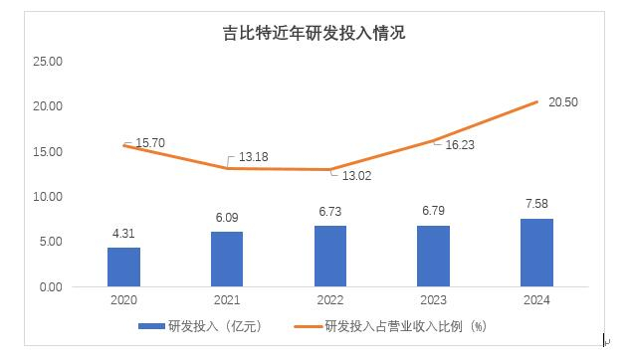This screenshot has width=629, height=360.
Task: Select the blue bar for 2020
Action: [123, 267]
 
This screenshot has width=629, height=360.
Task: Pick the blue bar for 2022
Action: [330, 256]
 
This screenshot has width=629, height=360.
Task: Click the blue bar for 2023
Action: [433, 256]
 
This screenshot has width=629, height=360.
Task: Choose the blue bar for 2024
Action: [536, 253]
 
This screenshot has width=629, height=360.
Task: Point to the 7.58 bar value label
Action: [536, 205]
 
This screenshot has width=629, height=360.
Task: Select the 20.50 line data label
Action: [564, 103]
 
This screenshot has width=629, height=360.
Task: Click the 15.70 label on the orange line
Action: [149, 143]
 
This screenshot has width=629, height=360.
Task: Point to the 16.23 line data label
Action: [459, 144]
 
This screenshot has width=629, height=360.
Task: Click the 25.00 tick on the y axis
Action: [49, 61]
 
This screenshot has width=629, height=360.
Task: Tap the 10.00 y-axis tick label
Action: [49, 197]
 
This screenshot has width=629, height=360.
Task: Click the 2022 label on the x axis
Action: [330, 300]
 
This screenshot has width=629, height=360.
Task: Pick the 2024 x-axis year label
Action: [536, 300]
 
